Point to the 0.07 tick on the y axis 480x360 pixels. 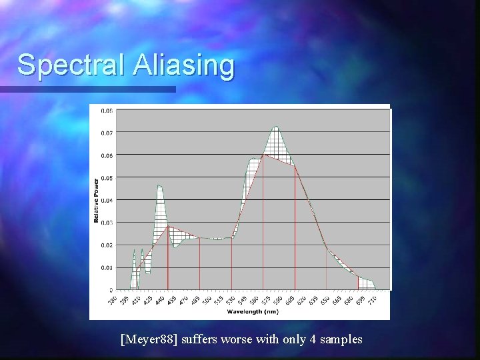coord(107,133)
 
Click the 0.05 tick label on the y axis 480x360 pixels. coord(107,178)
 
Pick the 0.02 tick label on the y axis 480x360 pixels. coord(107,245)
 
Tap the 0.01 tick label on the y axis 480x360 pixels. coord(107,268)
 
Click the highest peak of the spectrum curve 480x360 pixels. coord(275,127)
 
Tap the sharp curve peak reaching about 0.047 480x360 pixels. coord(159,185)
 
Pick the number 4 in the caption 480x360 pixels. coord(313,339)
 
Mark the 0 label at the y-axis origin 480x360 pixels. coord(111,290)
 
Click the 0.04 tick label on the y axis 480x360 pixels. coord(107,200)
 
